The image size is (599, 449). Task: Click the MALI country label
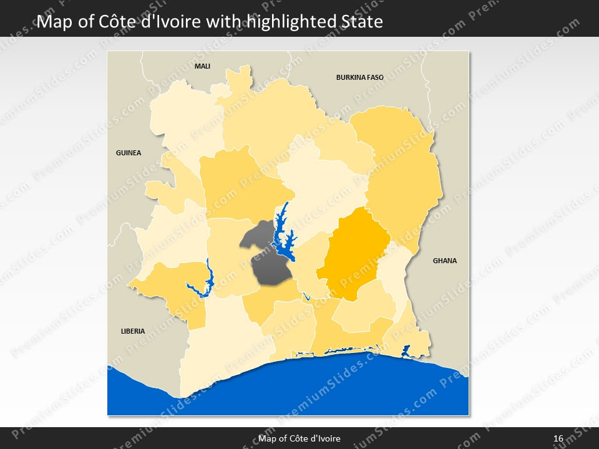(x=202, y=65)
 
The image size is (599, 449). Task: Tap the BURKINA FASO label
(x=359, y=77)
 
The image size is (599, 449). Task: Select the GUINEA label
(x=129, y=153)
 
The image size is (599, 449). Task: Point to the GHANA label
(x=445, y=261)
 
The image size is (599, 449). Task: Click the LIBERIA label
(x=133, y=331)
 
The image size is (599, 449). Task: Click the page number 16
(x=558, y=438)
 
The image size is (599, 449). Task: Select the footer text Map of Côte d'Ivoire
(x=299, y=438)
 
